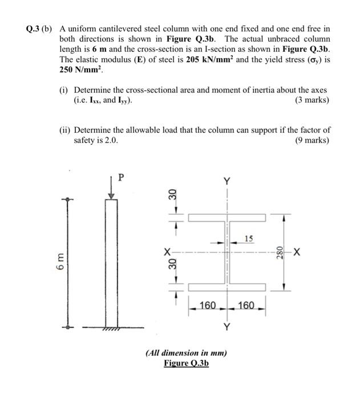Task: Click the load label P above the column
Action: (120, 177)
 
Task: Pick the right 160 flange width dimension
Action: (248, 306)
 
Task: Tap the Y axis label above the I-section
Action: (227, 181)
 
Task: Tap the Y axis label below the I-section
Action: (227, 327)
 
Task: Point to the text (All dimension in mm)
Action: (186, 353)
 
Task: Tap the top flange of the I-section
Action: (227, 218)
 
